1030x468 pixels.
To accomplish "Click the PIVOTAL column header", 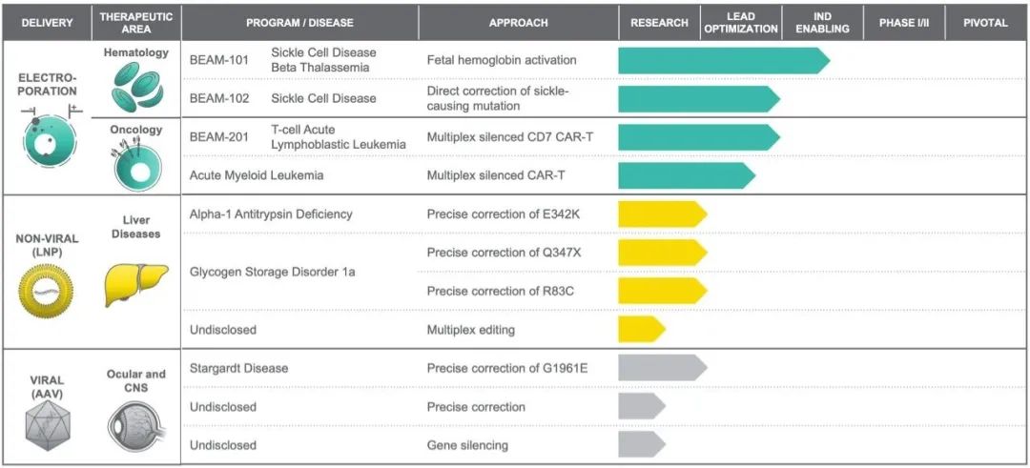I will point(985,22).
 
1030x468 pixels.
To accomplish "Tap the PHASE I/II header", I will point(903,22).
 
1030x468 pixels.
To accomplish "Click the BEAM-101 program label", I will point(219,60).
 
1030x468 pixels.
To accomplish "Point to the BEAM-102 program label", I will point(219,98).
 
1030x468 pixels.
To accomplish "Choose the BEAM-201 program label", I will point(219,137).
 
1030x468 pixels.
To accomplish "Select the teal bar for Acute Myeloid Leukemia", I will point(685,175).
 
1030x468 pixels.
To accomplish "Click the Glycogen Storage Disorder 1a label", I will point(271,272).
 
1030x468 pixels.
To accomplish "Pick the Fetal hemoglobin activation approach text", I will point(502,60).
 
